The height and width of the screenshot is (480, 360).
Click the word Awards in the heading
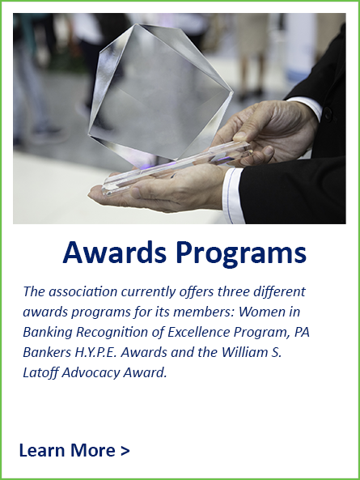pos(114,253)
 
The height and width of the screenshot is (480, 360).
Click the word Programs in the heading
pos(241,255)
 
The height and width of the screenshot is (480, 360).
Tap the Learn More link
pos(74,450)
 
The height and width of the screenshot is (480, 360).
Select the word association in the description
pos(83,291)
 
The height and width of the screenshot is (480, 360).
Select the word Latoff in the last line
pos(40,372)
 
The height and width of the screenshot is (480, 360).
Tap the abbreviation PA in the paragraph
pos(302,332)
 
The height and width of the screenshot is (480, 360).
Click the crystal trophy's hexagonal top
pos(160,91)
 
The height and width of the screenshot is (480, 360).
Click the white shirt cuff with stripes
pos(232,195)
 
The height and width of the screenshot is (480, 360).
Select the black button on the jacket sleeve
pos(328,114)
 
